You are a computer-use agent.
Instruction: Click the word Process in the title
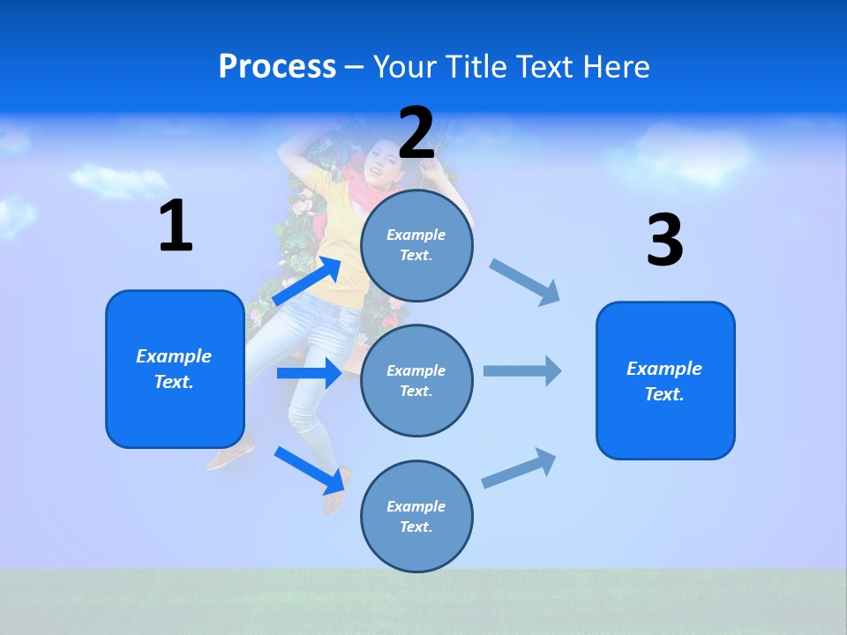277,66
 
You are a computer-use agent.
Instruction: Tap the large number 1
176,226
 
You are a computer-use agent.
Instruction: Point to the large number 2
416,133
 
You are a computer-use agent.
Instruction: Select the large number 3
664,240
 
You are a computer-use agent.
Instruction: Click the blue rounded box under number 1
175,369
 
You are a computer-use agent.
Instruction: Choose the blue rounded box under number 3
665,380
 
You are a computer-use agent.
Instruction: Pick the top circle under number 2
416,245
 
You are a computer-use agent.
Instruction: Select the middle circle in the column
416,380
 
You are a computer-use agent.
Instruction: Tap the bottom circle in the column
416,516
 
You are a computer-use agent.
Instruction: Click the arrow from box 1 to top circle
306,281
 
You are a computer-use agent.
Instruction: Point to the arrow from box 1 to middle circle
309,373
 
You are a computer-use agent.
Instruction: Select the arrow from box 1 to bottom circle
309,469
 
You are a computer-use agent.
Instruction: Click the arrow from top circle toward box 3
525,282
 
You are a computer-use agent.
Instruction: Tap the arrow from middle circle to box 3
522,371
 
